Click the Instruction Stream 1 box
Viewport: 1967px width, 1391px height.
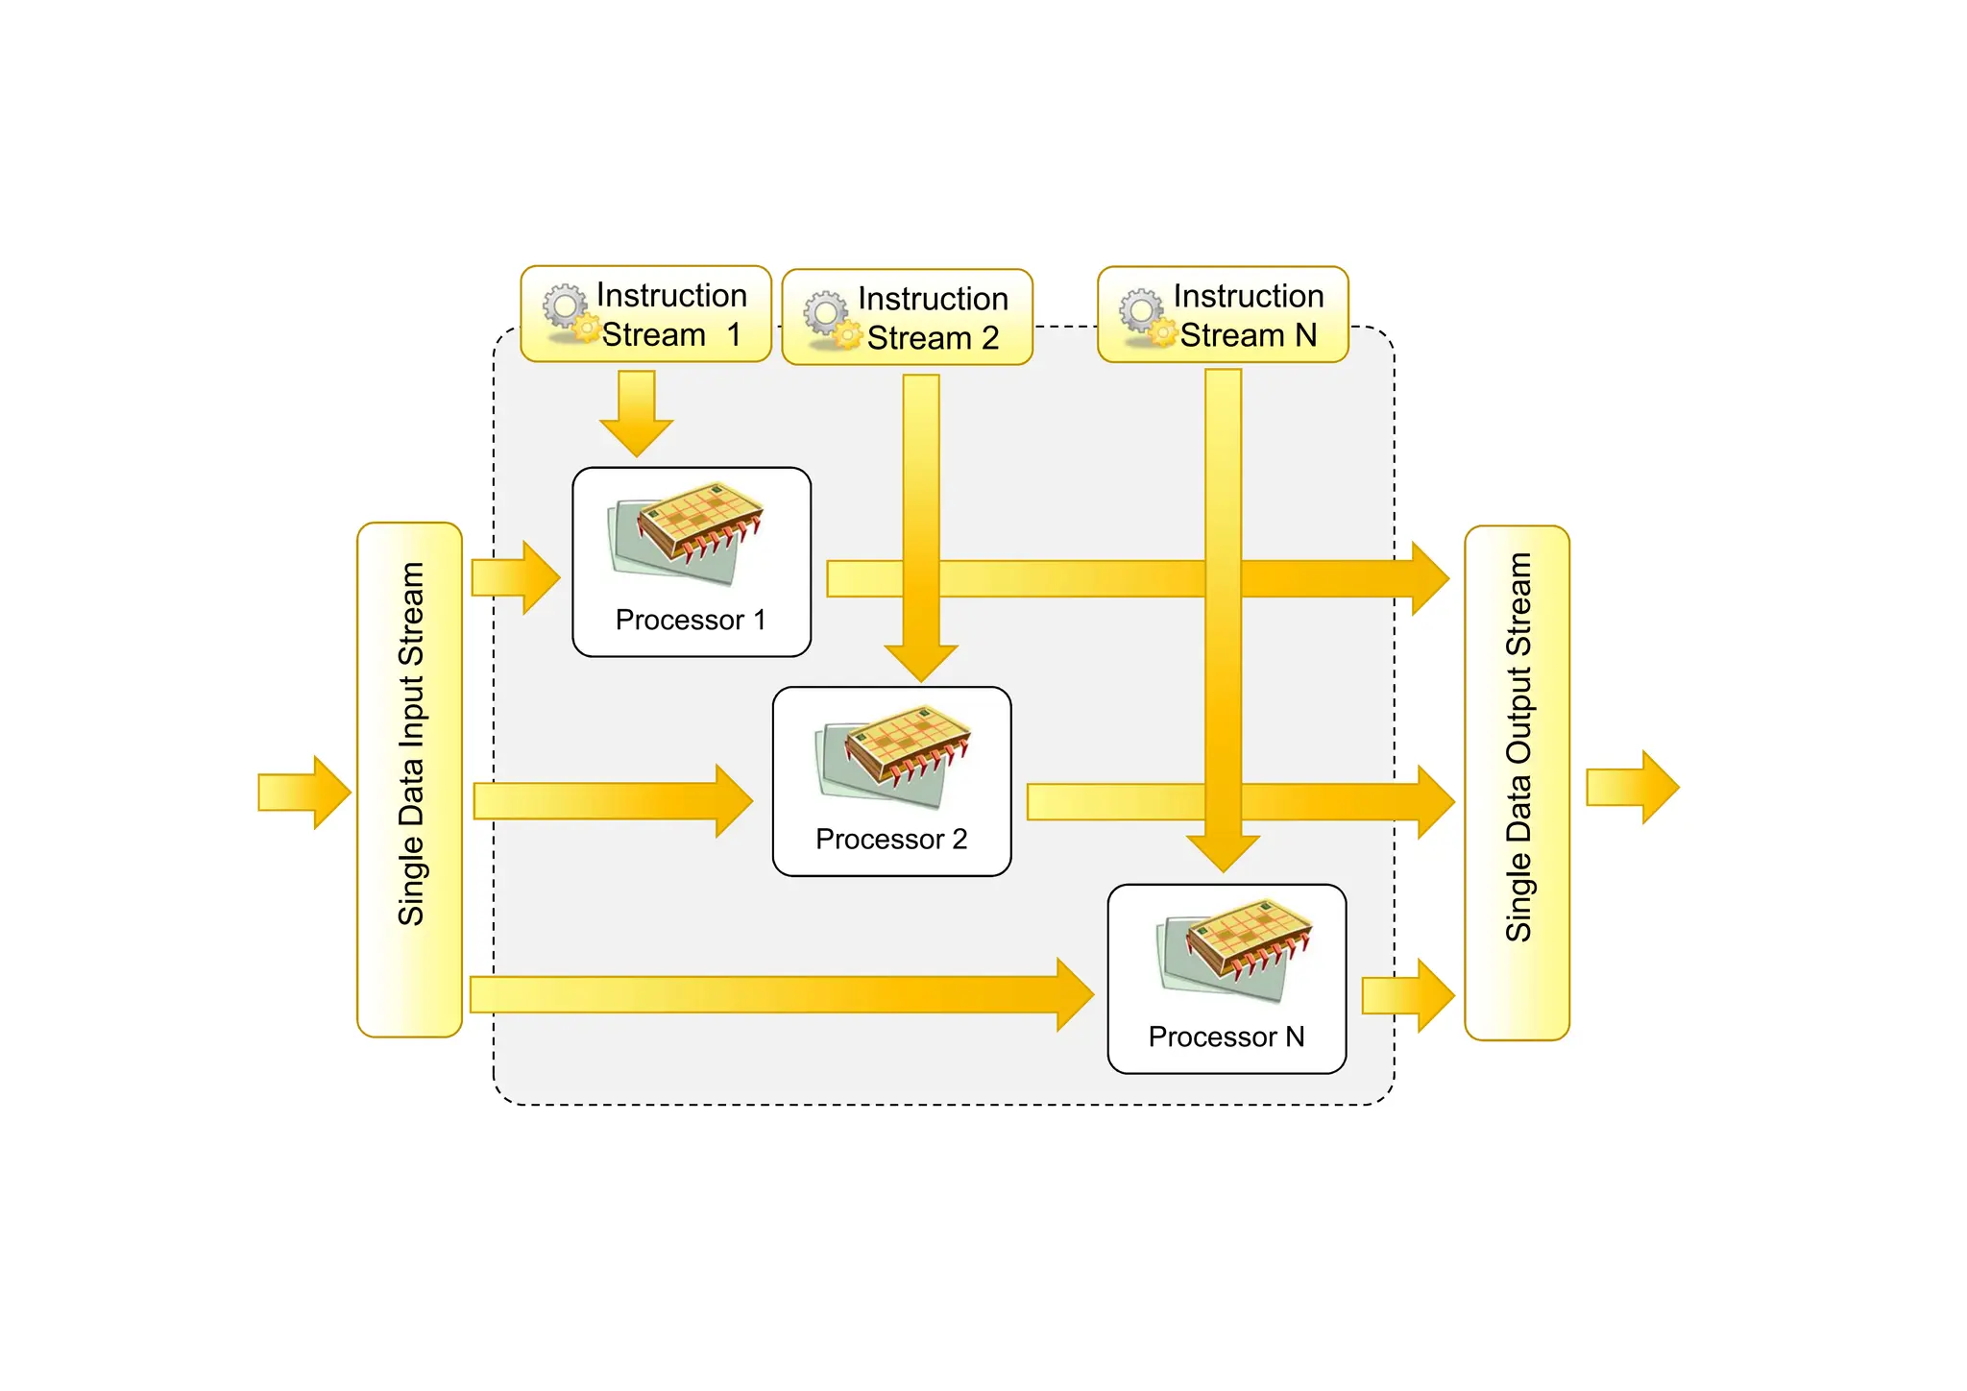coord(645,314)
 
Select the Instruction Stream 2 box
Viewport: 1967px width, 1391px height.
coord(907,317)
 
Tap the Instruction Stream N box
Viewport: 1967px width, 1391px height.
coord(1223,314)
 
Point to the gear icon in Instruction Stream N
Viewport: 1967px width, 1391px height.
coord(1147,316)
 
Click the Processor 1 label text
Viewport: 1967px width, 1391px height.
coord(691,621)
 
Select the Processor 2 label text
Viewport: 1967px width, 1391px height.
coord(891,840)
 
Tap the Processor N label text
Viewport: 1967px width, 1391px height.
coord(1226,1037)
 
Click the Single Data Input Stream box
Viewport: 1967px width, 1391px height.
coord(410,779)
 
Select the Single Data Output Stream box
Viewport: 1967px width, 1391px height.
coord(1517,782)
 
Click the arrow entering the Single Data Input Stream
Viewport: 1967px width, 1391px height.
coord(303,793)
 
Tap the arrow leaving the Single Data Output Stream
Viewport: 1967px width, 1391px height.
coord(1631,787)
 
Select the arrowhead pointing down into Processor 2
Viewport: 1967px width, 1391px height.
coord(921,662)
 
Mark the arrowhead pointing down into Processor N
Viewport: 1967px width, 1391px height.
coord(1223,851)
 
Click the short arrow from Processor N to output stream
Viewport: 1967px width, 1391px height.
coord(1407,996)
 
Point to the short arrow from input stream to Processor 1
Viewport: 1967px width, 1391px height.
coord(515,577)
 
